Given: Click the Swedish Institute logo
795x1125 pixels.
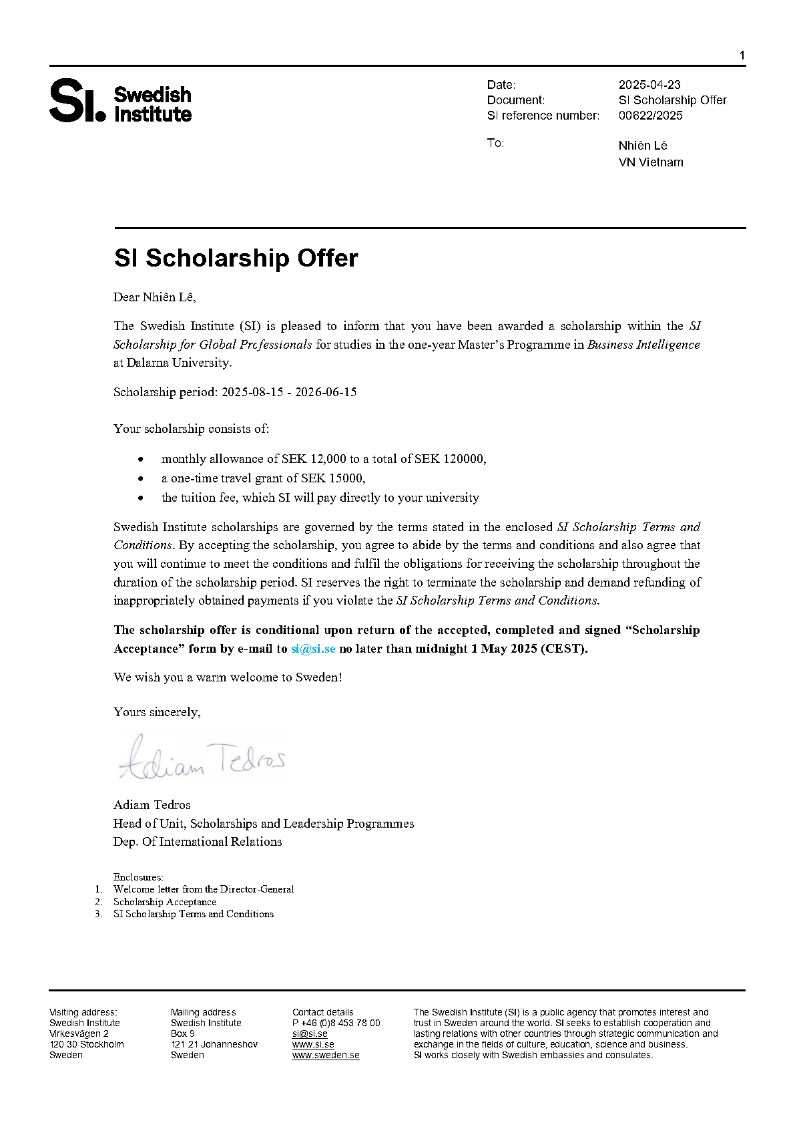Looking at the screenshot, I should coord(120,102).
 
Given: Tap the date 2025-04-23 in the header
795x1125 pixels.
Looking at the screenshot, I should coord(649,85).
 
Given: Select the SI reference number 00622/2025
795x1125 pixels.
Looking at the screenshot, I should coord(650,116).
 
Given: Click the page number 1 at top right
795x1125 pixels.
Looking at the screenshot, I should coord(742,55).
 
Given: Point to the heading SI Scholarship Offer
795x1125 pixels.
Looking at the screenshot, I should coord(236,259).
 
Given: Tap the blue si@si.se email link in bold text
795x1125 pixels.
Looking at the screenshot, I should coord(313,649).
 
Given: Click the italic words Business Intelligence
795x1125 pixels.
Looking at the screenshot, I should coord(643,345).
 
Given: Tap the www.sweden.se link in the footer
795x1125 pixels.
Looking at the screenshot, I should coord(326,1056).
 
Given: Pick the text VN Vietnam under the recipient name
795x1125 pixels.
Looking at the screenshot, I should coord(650,162).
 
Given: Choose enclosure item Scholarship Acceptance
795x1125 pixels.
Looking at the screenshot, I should coord(164,902).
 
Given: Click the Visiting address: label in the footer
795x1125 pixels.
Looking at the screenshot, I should coord(83,1012).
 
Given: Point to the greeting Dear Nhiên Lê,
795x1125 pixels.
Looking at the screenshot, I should coord(154,297).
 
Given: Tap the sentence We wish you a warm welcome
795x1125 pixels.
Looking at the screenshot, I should coord(228,677).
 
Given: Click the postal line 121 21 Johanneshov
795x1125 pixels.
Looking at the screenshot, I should coord(214,1044).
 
